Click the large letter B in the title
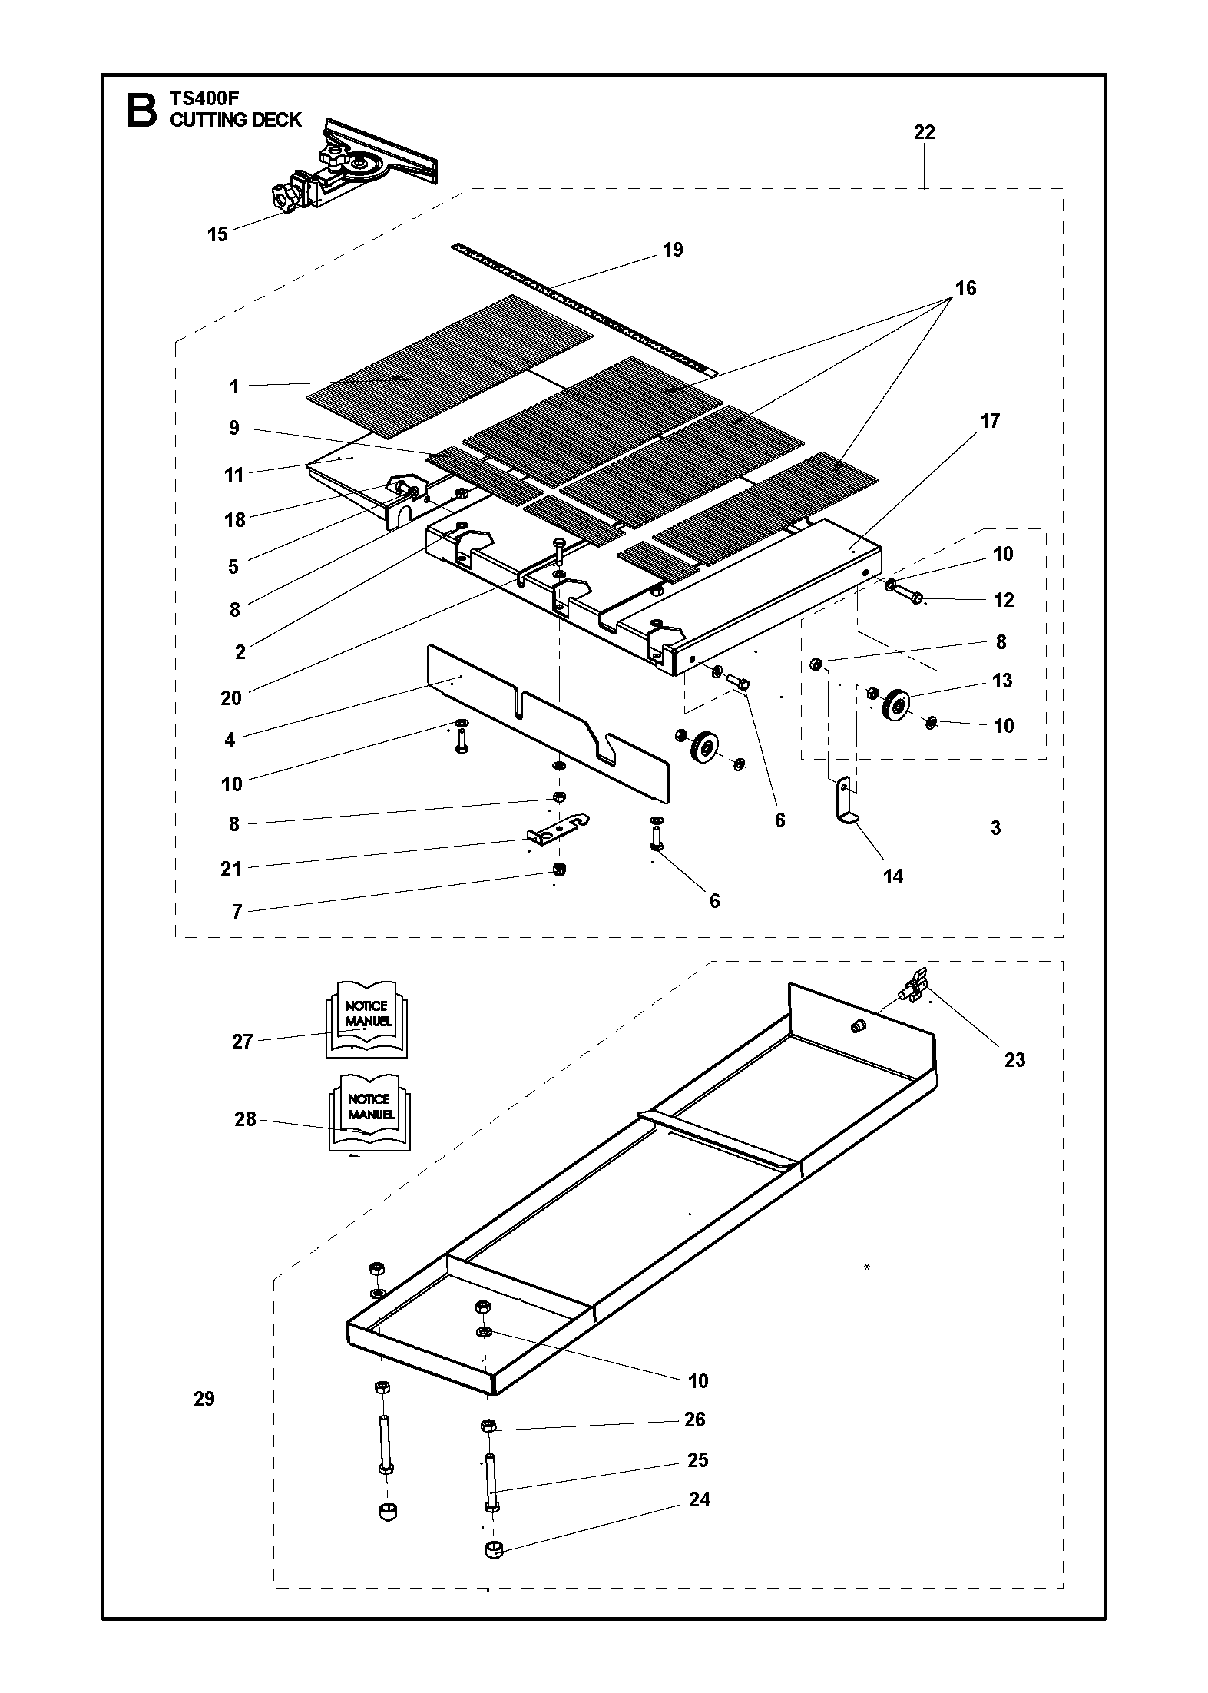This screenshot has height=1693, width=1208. point(141,111)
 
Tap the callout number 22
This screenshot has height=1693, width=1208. point(925,133)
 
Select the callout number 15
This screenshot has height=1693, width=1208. point(218,234)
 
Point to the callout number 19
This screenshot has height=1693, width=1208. point(673,250)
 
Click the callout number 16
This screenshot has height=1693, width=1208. point(965,288)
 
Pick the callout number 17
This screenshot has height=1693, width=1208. point(990,421)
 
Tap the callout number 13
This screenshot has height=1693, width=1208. point(1002,681)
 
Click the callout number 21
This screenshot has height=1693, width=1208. point(230,869)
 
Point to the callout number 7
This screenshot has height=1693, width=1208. point(237,912)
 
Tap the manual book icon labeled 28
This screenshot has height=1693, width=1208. point(369,1112)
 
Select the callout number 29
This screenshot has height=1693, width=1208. point(204,1399)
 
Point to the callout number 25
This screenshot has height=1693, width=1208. point(697,1460)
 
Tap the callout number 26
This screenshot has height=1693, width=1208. point(694,1420)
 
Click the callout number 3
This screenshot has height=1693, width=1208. point(995,829)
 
